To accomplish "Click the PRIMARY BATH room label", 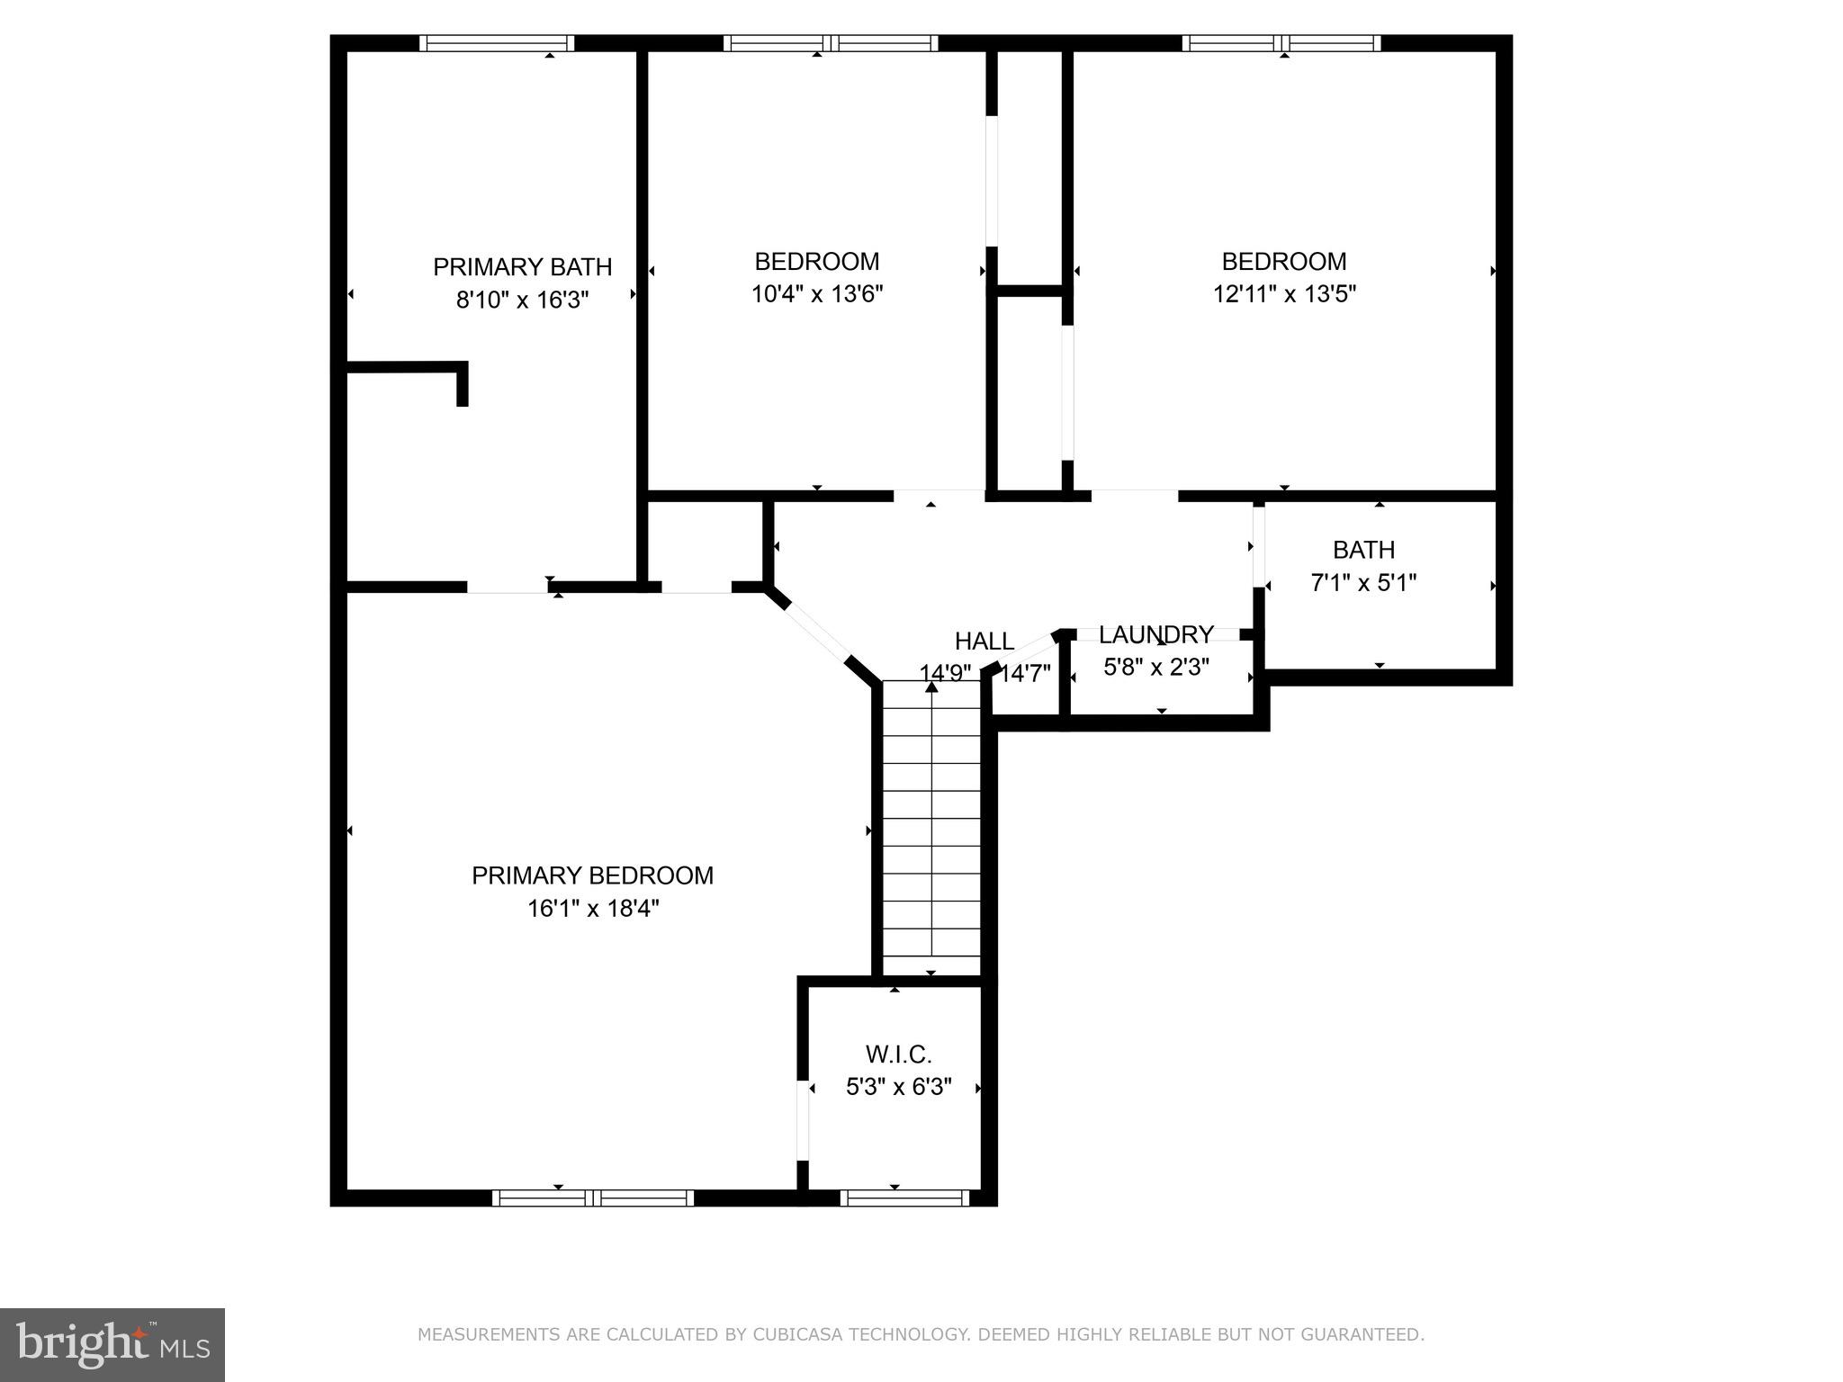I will (522, 267).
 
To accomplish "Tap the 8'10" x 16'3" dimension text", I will (522, 300).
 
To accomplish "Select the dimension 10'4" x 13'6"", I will (817, 294).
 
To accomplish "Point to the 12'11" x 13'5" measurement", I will (1284, 294).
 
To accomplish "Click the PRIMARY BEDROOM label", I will (592, 875).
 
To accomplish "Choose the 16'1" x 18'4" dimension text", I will (592, 909).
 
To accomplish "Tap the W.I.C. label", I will (898, 1054).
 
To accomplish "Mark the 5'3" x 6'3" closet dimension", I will (898, 1087).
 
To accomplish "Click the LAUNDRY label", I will (1156, 635).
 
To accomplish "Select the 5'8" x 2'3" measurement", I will (1156, 667).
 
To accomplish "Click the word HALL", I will (984, 642).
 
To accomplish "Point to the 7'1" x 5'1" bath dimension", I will (1363, 583).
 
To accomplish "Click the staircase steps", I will (930, 828).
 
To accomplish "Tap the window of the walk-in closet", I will (904, 1198).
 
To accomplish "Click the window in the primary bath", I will (497, 43).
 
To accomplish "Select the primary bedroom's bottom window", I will (592, 1198).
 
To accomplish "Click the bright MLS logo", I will (112, 1345).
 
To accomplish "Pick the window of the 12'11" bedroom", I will (1281, 43).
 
